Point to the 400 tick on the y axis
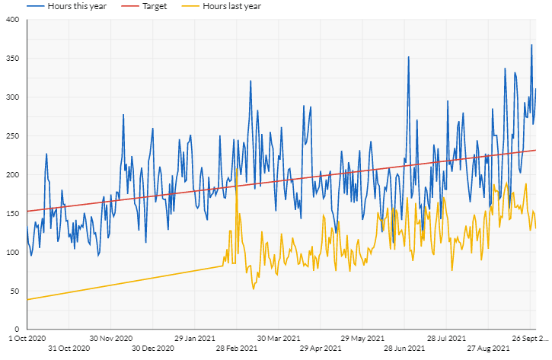(x=12, y=20)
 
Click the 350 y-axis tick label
(x=12, y=59)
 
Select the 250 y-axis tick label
(x=12, y=136)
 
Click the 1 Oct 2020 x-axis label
(x=27, y=338)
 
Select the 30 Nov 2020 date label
(x=111, y=338)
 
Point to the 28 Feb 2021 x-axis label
(x=236, y=349)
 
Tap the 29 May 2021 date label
(x=362, y=338)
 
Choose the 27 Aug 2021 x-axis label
(x=488, y=349)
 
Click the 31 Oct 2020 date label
(x=69, y=349)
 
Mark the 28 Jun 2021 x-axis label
(x=404, y=349)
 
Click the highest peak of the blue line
(x=531, y=45)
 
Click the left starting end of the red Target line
(x=27, y=211)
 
